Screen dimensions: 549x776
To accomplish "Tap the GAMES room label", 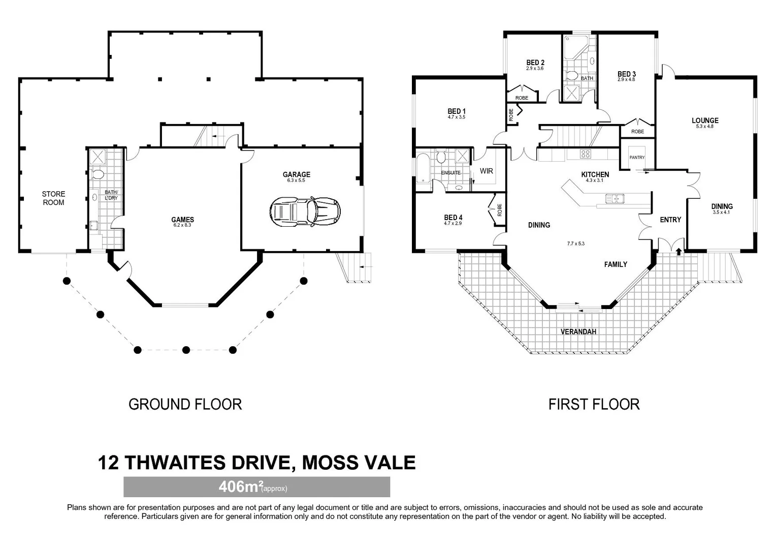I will (x=182, y=220).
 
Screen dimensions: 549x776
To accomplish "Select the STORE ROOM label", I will (x=53, y=198).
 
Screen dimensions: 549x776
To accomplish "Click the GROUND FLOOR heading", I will (x=185, y=404).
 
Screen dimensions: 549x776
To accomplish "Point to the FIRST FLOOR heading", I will (x=594, y=404).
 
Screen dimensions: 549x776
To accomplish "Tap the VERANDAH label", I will (x=578, y=331).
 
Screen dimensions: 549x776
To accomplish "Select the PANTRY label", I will (x=637, y=158).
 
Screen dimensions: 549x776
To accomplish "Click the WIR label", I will (x=487, y=171).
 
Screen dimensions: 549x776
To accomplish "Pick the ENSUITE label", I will (x=450, y=173).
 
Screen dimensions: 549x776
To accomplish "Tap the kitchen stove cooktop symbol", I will (x=585, y=154).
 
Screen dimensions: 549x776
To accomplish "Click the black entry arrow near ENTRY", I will (x=678, y=251).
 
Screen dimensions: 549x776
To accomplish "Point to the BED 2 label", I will (x=535, y=63).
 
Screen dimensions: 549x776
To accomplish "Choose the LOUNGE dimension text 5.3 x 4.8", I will (x=705, y=127).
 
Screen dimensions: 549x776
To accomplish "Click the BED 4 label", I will (x=453, y=218).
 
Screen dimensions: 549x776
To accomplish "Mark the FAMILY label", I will (x=616, y=264).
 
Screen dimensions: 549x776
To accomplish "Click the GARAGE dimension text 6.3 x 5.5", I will (x=296, y=180).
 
